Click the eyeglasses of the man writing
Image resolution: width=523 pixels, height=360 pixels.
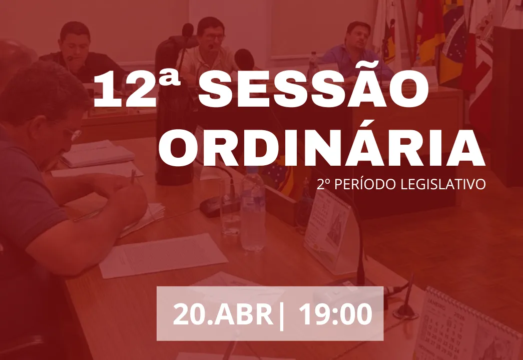point(74,134)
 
